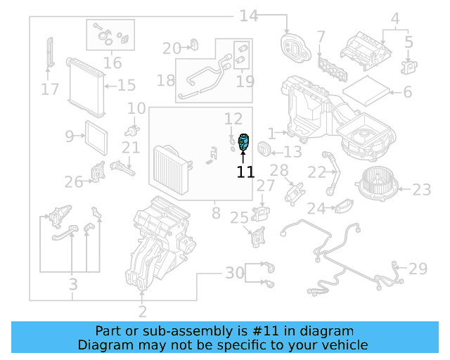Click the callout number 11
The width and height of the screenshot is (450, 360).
point(245,172)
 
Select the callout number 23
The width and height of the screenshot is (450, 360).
point(421,189)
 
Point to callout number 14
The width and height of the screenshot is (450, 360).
point(249,15)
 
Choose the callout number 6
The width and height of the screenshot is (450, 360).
point(406,92)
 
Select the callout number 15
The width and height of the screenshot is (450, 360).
point(127,86)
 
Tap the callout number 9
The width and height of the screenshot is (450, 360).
point(70,136)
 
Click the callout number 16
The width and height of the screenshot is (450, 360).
point(112,63)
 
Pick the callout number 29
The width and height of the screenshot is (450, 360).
point(418,268)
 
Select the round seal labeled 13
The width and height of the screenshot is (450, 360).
point(264,149)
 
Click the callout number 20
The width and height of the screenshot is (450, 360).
point(172,49)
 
